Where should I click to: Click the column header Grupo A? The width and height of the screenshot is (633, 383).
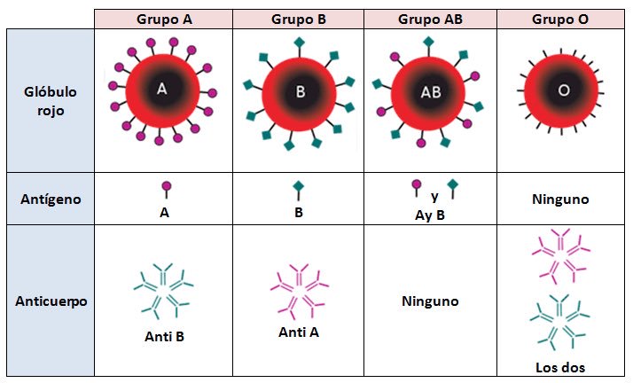click(x=164, y=19)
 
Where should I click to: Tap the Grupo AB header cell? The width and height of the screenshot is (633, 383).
click(x=429, y=19)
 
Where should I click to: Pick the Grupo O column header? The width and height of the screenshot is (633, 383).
click(x=561, y=19)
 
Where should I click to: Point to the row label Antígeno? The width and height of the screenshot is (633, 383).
click(x=50, y=199)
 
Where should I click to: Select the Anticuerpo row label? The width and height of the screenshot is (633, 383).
click(x=50, y=300)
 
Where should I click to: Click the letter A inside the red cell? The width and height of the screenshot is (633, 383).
click(x=161, y=89)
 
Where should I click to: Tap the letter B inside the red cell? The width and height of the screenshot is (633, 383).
click(x=300, y=90)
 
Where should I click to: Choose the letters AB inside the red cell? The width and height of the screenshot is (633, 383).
click(x=430, y=91)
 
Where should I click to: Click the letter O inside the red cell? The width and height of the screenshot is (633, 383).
click(x=563, y=90)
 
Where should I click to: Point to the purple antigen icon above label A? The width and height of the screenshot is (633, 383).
click(x=166, y=188)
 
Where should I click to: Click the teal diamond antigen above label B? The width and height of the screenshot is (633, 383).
click(x=299, y=188)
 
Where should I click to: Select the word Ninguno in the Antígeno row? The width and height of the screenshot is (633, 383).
click(x=561, y=200)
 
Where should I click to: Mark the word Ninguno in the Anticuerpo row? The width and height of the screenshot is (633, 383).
click(x=430, y=301)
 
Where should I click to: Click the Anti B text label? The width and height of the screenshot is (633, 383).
click(x=164, y=336)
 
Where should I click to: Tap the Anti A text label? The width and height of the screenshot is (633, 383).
click(x=298, y=332)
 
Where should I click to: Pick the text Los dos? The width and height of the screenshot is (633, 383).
click(x=560, y=367)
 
